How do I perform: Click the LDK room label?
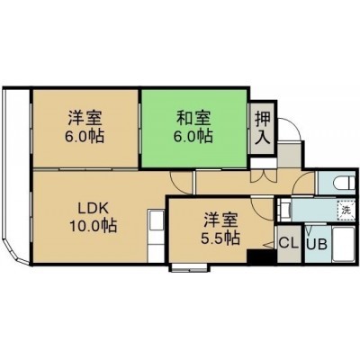pos(93,208)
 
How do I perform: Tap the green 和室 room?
pos(194,129)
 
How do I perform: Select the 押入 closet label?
pos(263,128)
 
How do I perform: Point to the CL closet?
pos(289,243)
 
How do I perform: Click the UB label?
pos(317,245)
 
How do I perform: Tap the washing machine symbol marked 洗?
pos(346,210)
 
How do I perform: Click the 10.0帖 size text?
pos(93,225)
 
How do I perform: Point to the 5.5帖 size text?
pos(220,238)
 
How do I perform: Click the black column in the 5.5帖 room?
pos(262,257)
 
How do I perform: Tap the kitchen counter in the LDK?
pos(156,237)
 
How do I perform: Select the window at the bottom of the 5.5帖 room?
pos(190,267)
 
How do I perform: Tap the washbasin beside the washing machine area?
pos(284,210)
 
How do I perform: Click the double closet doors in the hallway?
pos(263,176)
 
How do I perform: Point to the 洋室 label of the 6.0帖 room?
pos(85,118)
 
